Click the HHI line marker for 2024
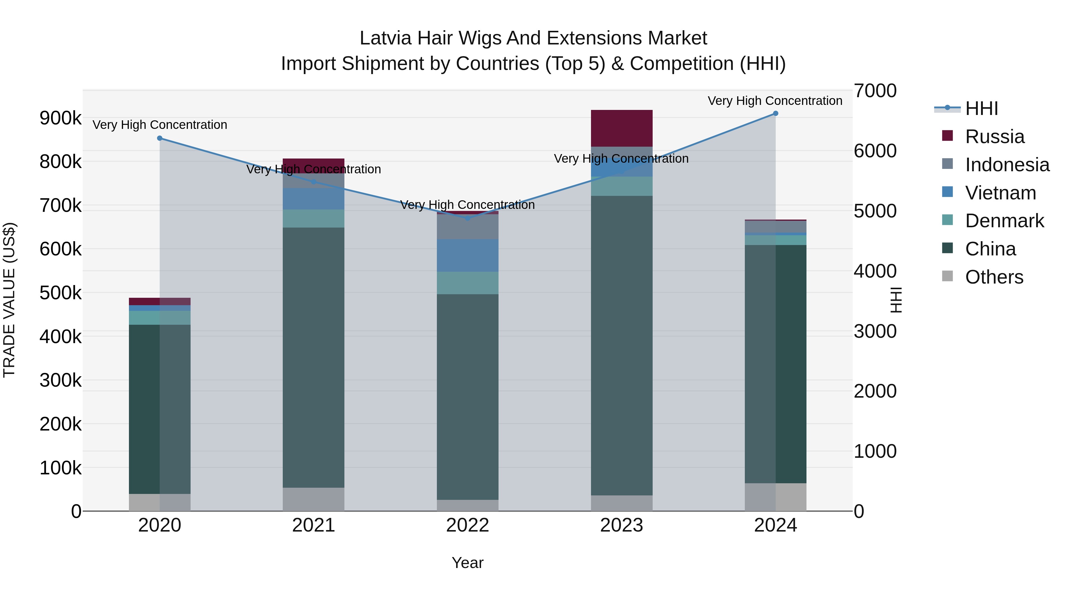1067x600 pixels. [775, 113]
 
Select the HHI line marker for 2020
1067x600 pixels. [160, 138]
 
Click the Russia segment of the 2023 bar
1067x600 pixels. [621, 128]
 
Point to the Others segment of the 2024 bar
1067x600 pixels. [775, 497]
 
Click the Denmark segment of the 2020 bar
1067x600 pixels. [160, 318]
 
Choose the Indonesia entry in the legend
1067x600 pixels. [1007, 165]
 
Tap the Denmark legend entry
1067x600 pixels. [1004, 221]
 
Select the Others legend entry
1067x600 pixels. [994, 277]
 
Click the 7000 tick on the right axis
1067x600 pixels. [875, 91]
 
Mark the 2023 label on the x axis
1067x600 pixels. [621, 525]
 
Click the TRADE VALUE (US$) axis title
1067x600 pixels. [9, 300]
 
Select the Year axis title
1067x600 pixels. [467, 563]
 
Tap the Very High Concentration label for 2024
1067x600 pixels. [774, 101]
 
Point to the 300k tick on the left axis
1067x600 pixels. [60, 380]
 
